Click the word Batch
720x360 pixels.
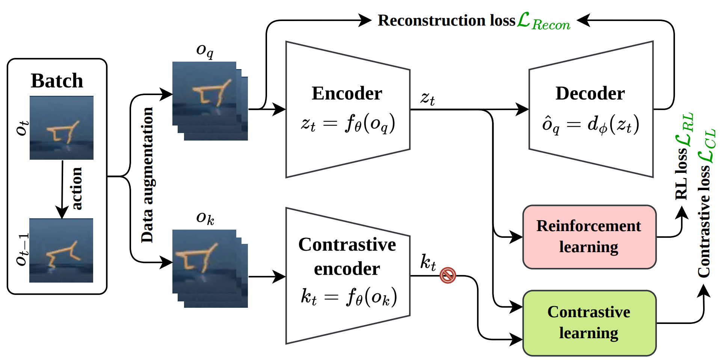57,81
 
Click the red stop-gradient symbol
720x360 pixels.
448,275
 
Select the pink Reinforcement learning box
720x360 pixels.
589,237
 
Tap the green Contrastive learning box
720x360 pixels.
589,323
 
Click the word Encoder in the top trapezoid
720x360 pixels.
347,93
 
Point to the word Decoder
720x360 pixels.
590,93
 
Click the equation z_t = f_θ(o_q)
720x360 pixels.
347,123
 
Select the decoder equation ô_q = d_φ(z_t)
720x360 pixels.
590,125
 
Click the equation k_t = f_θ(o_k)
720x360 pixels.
348,297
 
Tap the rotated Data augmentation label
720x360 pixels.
147,175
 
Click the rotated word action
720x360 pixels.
76,188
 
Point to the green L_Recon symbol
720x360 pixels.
543,21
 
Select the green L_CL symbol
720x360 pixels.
706,146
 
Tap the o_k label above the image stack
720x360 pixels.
205,218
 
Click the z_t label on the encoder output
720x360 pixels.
427,98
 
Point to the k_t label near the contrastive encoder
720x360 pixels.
428,262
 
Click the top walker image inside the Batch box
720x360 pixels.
62,128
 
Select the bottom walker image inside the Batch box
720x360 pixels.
61,251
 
